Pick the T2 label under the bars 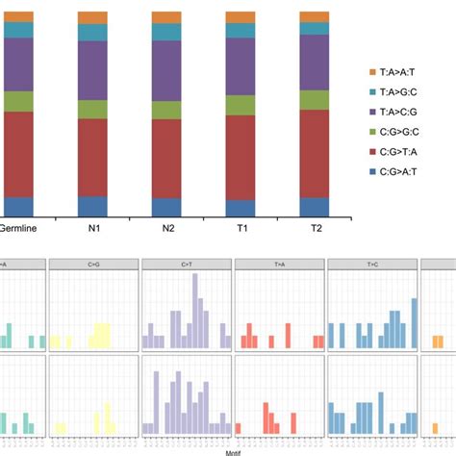[x=314, y=231]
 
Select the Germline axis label [x=18, y=231]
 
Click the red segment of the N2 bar [x=166, y=159]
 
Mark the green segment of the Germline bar [x=18, y=101]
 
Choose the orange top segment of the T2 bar [x=314, y=17]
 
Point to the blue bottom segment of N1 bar [x=92, y=206]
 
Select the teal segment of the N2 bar [x=166, y=33]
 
